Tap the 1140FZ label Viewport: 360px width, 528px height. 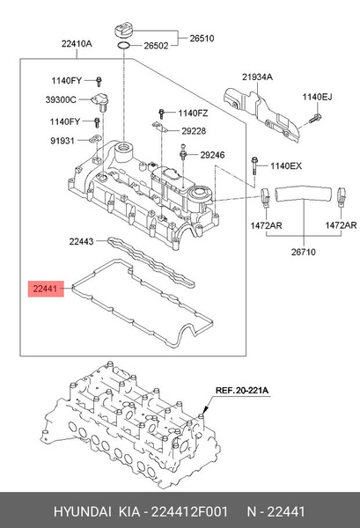(x=195, y=113)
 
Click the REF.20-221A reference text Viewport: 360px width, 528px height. (x=243, y=389)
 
